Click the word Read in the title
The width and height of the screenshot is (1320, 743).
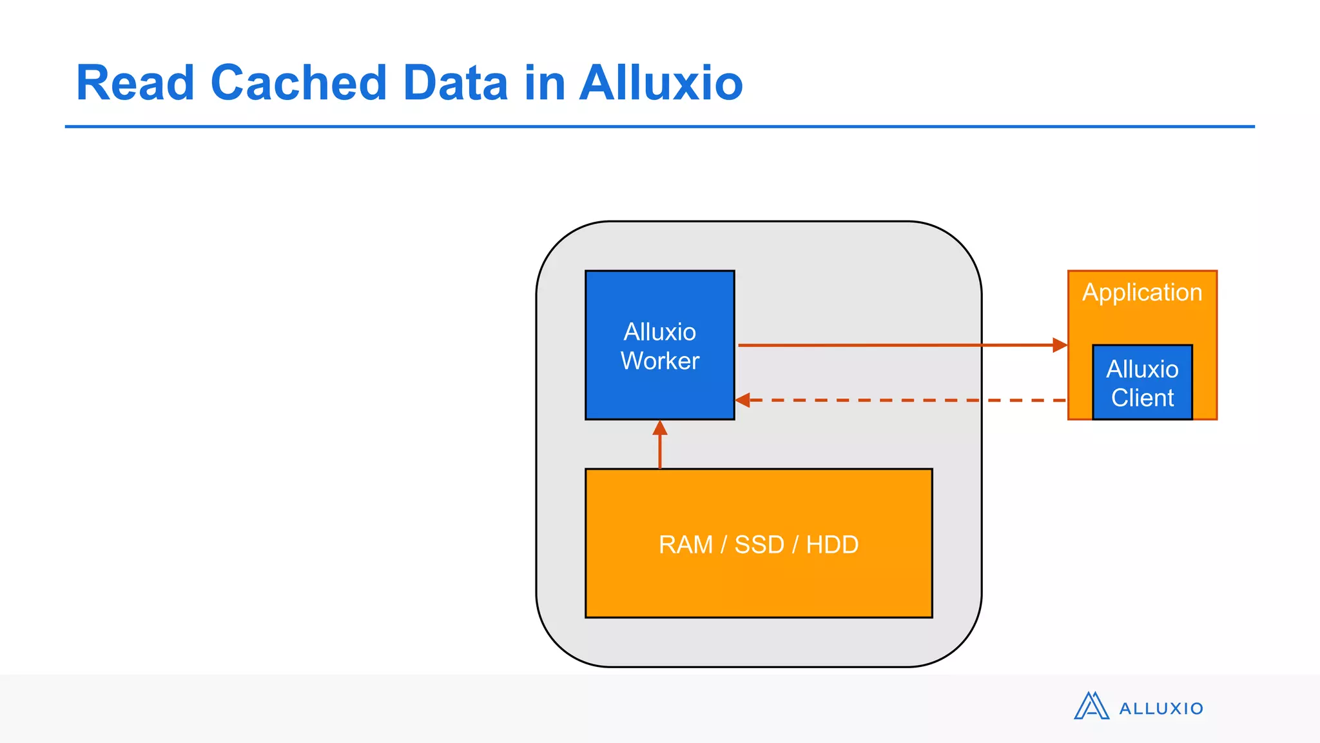coord(135,83)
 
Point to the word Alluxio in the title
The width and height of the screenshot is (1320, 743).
coord(661,83)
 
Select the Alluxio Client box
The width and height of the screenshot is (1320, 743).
coord(1142,383)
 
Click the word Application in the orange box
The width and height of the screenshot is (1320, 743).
coord(1142,293)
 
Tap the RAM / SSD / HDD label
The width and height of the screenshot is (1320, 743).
coord(759,545)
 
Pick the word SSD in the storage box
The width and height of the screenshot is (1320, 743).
coord(759,545)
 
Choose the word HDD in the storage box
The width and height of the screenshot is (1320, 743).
coord(832,545)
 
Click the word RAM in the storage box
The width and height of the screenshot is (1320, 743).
coord(685,545)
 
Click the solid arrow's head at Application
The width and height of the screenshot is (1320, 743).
coord(1060,345)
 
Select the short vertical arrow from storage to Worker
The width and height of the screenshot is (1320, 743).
coord(659,445)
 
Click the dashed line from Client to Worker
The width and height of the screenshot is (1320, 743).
coord(902,401)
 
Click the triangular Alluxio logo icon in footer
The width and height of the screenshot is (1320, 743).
coord(1091,706)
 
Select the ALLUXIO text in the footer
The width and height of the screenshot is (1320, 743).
coord(1161,709)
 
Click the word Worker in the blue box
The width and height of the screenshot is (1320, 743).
coord(660,361)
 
